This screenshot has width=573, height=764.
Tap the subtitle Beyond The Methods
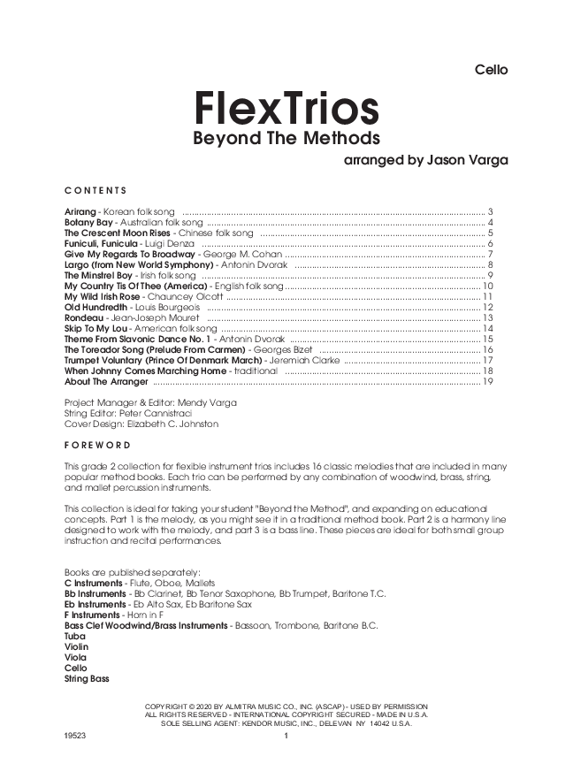point(286,139)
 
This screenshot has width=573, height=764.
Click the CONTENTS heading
point(95,190)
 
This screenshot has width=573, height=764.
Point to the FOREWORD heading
point(97,445)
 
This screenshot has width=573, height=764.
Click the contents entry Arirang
point(81,213)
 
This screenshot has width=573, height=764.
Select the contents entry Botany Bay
point(88,223)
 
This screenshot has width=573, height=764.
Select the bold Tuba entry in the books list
point(76,637)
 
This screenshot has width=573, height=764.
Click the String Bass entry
point(87,679)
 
